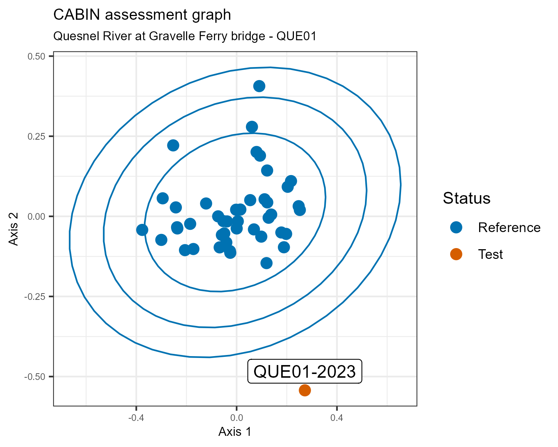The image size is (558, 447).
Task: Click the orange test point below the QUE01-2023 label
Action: [305, 390]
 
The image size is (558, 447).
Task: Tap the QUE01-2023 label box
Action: [305, 371]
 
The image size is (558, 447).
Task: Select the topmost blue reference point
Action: [259, 86]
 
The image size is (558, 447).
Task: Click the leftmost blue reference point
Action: [142, 230]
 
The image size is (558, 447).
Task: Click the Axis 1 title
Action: [235, 432]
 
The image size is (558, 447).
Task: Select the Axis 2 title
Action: [14, 229]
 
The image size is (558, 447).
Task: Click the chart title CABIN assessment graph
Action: [142, 15]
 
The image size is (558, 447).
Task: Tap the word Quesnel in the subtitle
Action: [72, 36]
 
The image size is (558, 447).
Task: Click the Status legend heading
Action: [466, 198]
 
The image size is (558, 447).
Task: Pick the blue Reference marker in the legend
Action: [456, 227]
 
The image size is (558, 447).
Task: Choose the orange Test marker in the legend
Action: [456, 254]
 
